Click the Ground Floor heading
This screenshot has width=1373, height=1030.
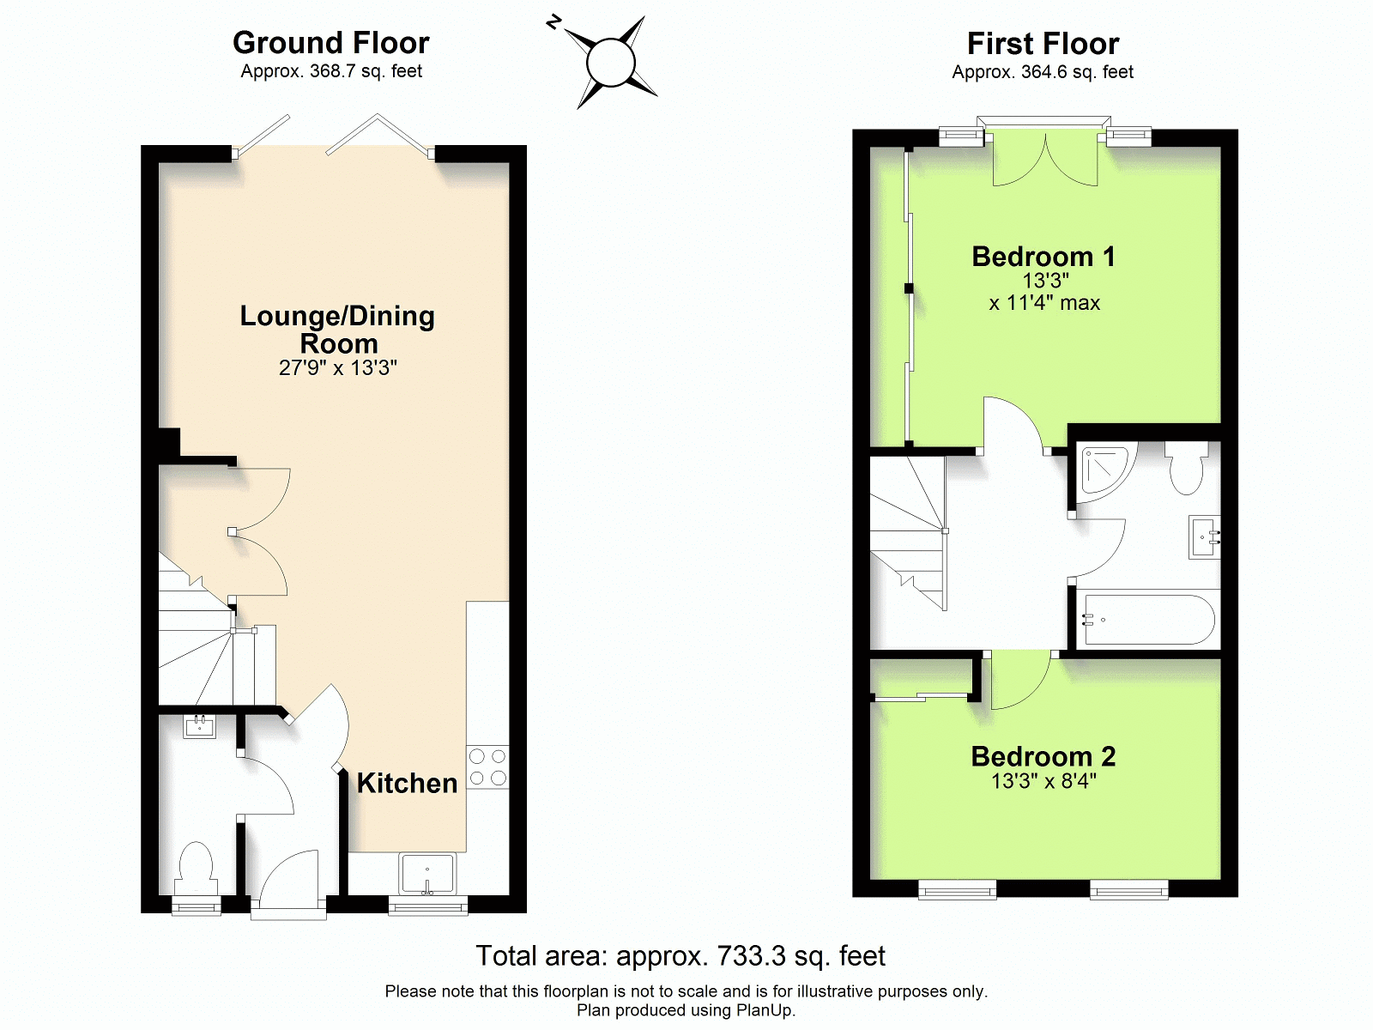pos(331,43)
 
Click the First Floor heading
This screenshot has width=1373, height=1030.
pos(1043,44)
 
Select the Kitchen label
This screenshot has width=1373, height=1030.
pos(408,783)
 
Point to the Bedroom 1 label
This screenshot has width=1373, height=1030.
pos(1043,257)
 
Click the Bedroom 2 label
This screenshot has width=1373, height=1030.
pos(1043,756)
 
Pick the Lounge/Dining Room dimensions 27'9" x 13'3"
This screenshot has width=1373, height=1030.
pos(338,367)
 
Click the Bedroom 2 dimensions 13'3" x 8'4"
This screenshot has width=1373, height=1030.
pos(1043,781)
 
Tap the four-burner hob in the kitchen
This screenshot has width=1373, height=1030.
pos(487,766)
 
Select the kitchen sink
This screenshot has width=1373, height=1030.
pos(428,873)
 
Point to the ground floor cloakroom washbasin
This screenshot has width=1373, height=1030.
pos(200,727)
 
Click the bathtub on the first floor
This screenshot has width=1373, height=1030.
pos(1148,619)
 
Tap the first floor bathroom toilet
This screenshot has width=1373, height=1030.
pos(1186,467)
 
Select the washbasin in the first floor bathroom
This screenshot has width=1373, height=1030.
pos(1204,537)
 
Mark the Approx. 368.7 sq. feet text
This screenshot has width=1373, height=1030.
pos(331,71)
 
